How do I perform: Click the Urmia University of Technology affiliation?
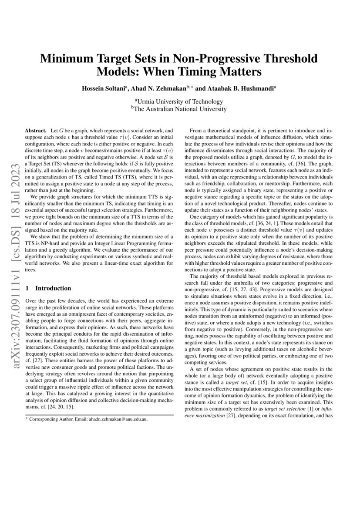pos(180,101)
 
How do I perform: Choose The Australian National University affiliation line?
pos(180,109)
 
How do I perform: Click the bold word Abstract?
pos(35,131)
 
